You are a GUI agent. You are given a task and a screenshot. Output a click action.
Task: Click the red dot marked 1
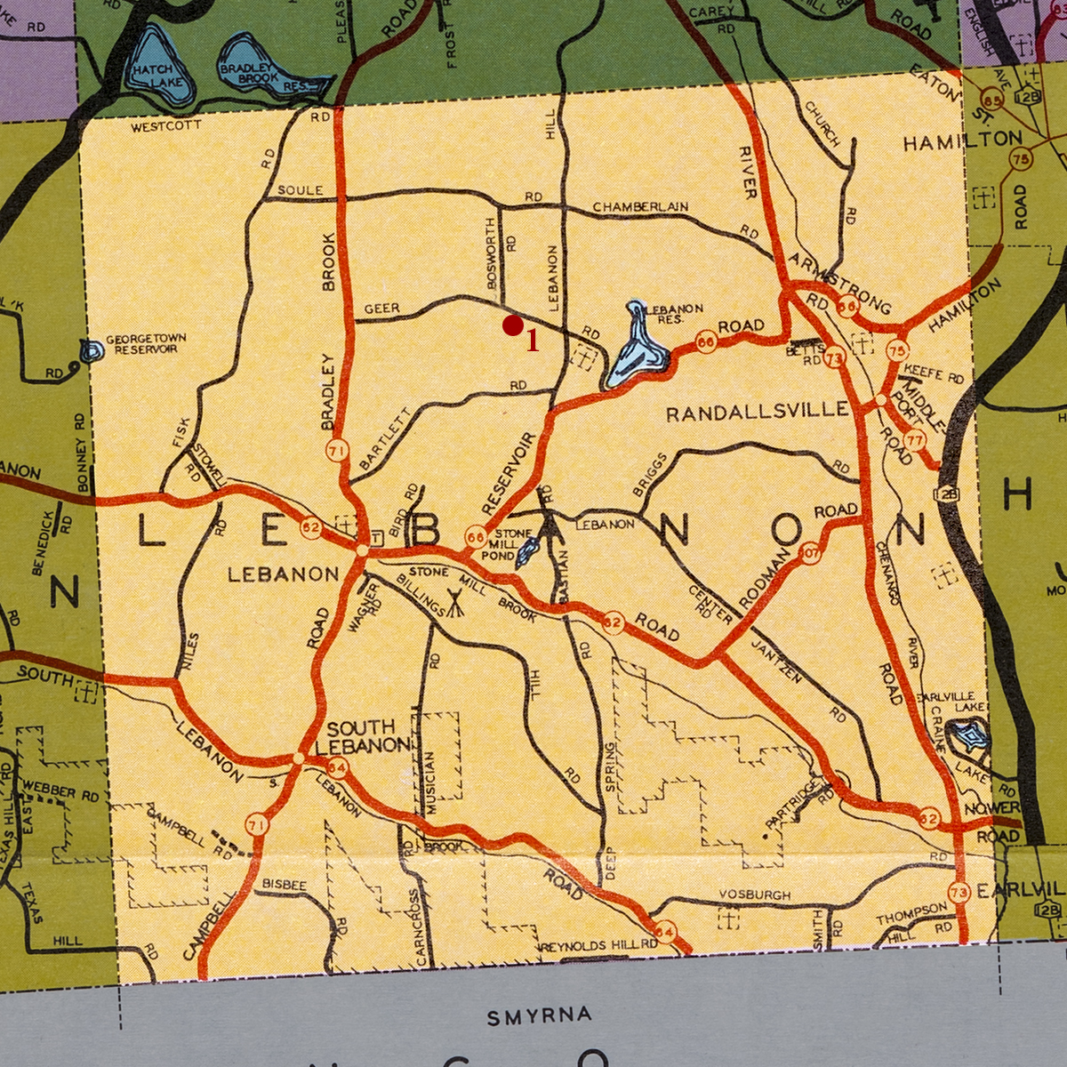point(512,326)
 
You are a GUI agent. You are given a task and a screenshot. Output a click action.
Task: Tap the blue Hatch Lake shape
point(156,67)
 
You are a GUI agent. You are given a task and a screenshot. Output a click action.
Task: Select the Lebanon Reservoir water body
point(637,351)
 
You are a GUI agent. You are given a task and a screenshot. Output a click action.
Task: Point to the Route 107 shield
point(810,552)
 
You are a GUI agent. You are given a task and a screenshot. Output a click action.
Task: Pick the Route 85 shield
point(992,99)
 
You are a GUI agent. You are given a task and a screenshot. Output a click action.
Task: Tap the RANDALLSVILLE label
point(758,411)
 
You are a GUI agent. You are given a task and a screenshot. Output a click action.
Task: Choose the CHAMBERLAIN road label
point(640,207)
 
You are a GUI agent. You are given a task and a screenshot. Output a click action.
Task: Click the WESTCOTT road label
point(165,127)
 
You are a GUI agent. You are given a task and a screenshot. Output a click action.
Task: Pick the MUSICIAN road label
point(431,782)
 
